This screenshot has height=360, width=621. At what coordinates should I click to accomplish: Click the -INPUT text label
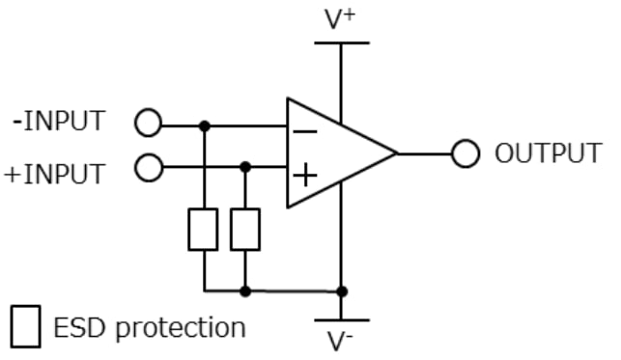click(59, 123)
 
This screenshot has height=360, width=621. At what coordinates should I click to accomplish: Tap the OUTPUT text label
click(549, 153)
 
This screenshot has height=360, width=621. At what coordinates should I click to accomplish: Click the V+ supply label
click(341, 19)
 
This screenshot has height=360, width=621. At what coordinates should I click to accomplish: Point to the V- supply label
click(341, 340)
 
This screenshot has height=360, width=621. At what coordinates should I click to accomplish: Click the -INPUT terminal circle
click(148, 124)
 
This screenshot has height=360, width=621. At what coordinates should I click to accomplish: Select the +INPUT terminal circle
click(148, 168)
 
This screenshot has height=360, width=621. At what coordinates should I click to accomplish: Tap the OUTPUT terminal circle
click(466, 153)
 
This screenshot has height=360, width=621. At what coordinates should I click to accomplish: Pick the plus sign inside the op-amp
click(304, 176)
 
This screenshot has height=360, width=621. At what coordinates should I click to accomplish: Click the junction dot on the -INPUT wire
click(204, 125)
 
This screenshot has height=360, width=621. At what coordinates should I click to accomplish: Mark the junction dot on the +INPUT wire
click(245, 167)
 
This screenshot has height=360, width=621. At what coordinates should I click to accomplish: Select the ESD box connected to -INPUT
click(204, 229)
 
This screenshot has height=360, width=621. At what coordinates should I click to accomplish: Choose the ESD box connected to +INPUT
click(245, 229)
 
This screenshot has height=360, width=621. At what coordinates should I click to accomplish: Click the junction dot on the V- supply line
click(341, 291)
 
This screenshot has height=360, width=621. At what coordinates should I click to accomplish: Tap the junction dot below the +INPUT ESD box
click(245, 291)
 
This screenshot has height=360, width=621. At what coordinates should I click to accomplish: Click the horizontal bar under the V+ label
click(341, 42)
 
